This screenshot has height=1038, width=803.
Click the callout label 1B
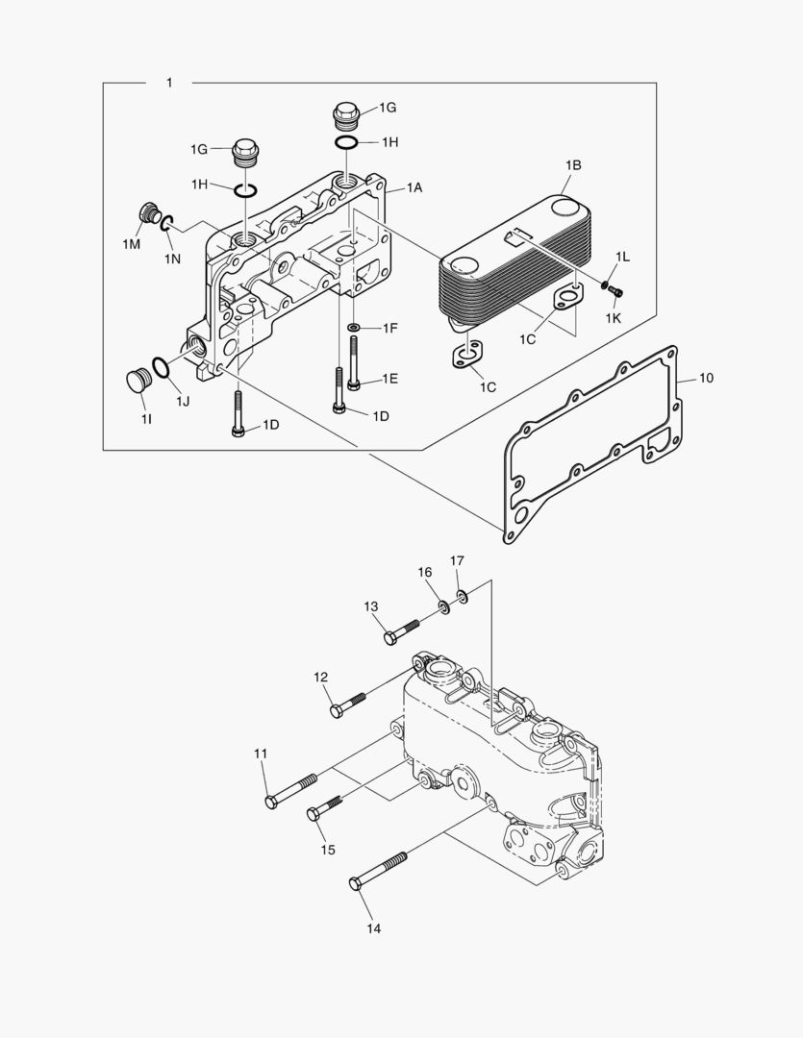(x=572, y=165)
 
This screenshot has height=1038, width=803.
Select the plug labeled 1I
(x=140, y=380)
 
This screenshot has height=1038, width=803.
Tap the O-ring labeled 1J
(x=162, y=367)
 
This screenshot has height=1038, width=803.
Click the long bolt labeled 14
(x=379, y=869)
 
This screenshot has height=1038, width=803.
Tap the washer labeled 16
(x=443, y=606)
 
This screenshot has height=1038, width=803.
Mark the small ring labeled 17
(x=463, y=598)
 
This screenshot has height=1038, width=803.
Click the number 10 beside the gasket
(x=706, y=378)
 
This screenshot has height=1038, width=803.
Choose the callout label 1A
(x=414, y=187)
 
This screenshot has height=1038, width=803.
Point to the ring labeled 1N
(x=166, y=225)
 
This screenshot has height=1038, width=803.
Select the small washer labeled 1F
(x=355, y=329)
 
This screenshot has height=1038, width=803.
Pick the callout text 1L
(x=622, y=257)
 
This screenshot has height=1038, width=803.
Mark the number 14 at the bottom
(x=373, y=928)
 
